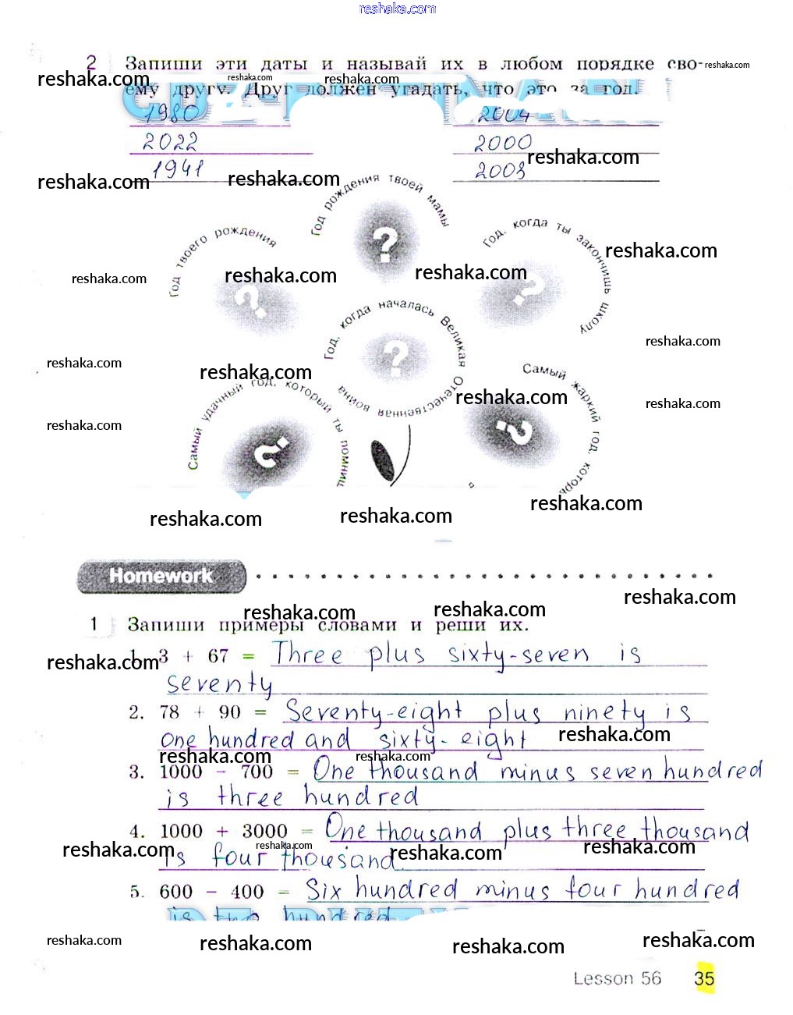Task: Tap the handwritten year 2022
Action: coord(170,142)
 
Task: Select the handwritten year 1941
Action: coord(178,168)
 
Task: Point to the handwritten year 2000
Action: coord(503,143)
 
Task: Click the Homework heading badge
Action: coord(161,577)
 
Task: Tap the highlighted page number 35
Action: coord(704,978)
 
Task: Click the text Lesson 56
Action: coord(617,978)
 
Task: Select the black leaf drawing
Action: coord(384,460)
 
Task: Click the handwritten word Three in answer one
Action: coord(307,654)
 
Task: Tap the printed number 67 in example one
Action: coord(218,656)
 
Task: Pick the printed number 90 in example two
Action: coord(229,712)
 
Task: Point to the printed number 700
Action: coord(257,772)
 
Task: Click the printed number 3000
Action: coord(264,832)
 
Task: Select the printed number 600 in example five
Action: coord(175,892)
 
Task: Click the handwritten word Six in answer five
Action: coord(323,889)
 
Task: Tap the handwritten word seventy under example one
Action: coord(219,684)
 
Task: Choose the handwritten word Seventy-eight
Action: coord(373,712)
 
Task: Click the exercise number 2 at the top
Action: coord(92,62)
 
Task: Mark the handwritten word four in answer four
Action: coord(239,857)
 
